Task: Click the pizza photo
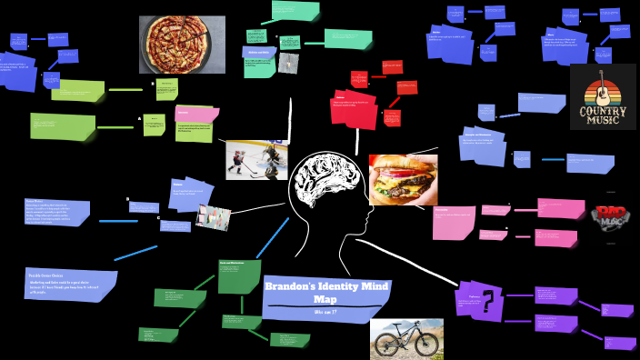182,45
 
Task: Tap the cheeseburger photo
403,179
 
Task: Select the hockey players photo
256,159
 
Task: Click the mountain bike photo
406,338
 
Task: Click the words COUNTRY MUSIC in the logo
603,115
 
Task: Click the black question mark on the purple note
488,301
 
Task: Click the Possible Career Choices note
71,284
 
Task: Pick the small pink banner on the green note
196,113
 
